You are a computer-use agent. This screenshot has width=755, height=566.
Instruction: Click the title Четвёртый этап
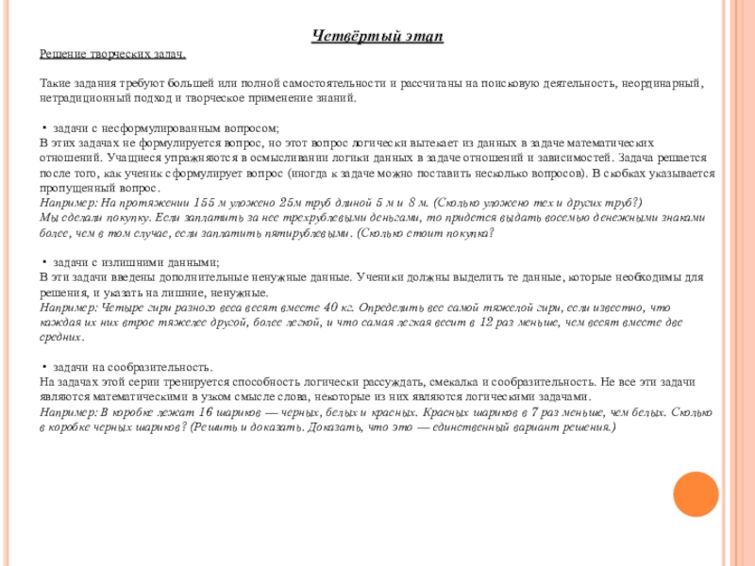(x=377, y=36)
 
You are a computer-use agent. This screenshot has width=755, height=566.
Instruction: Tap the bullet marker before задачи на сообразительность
(x=45, y=368)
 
